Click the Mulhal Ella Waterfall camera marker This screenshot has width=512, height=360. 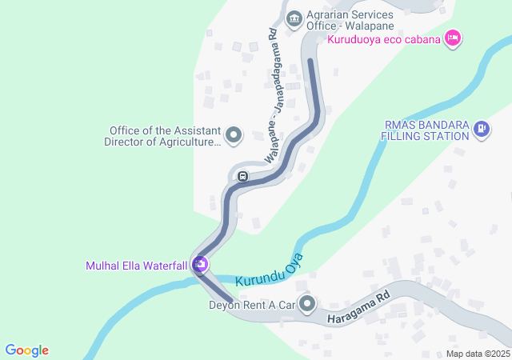pyautogui.click(x=200, y=264)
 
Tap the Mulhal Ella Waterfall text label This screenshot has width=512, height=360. pyautogui.click(x=136, y=266)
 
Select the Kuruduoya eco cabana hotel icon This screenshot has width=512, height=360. pyautogui.click(x=454, y=38)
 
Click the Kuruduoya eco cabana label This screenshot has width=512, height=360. pyautogui.click(x=384, y=38)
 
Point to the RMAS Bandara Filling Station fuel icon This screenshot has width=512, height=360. pyautogui.click(x=481, y=127)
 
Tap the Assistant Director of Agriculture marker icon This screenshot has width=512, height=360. pyautogui.click(x=234, y=135)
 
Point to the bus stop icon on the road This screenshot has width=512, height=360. pyautogui.click(x=242, y=175)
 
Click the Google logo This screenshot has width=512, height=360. pyautogui.click(x=26, y=350)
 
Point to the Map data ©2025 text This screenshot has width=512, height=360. pyautogui.click(x=478, y=354)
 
